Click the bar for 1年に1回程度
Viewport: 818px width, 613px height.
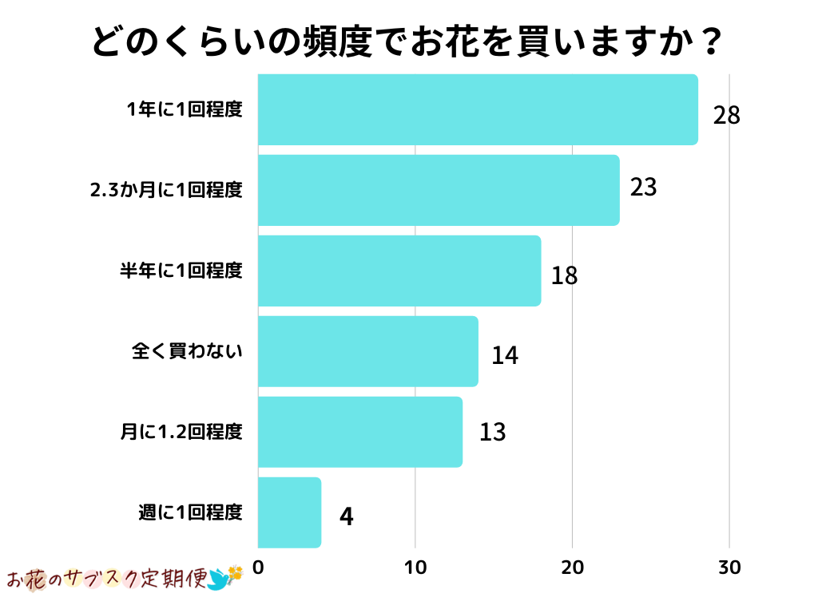pos(478,109)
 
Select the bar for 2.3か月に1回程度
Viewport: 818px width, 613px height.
pos(439,190)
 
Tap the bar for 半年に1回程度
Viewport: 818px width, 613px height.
pos(399,271)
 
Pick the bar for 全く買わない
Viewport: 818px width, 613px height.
pos(368,351)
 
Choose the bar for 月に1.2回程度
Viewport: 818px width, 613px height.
pos(360,432)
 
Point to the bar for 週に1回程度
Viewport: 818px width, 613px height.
pos(289,512)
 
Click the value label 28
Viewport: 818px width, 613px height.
pos(727,116)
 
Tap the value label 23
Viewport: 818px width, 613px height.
pos(643,188)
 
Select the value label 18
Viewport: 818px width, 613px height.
pos(564,276)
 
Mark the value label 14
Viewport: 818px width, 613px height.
pos(505,355)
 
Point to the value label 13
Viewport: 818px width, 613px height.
pos(493,433)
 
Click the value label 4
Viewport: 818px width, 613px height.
pos(346,516)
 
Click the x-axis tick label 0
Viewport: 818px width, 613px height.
pos(258,568)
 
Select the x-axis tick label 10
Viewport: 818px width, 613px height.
pos(415,568)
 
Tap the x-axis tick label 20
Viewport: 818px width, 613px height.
pos(572,568)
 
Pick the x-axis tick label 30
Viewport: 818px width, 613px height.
pos(729,568)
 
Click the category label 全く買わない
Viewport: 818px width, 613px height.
pos(187,351)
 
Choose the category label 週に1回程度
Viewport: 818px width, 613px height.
pos(190,512)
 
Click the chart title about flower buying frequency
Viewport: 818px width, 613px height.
pos(408,42)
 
